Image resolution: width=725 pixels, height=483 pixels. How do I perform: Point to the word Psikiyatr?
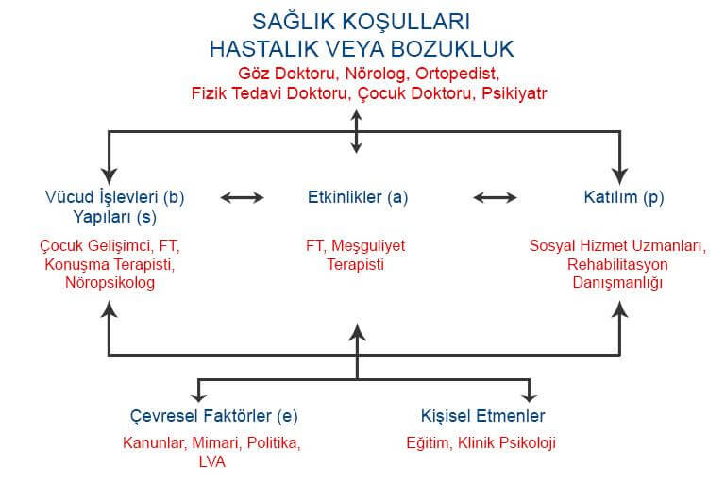point(514,93)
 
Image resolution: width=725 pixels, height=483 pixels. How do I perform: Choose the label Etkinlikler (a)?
point(358,197)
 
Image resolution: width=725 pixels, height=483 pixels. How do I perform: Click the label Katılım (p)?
point(624,197)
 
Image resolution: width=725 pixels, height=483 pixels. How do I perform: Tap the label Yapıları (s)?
point(114,217)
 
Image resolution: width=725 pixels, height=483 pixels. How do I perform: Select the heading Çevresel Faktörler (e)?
point(213,416)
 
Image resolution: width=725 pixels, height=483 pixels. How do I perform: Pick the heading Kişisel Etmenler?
point(482,416)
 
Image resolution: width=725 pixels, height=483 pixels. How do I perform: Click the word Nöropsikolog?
point(110,282)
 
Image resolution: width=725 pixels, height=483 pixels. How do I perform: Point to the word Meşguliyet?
point(368,245)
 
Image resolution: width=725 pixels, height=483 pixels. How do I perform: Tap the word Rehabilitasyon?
point(617,264)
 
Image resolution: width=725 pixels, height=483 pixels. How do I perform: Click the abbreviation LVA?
point(212,461)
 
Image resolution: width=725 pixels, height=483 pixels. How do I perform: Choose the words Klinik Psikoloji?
point(507,442)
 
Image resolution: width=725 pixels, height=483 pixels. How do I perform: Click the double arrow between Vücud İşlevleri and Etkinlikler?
point(242,198)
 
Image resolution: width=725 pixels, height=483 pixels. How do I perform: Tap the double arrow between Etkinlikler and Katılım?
point(495,198)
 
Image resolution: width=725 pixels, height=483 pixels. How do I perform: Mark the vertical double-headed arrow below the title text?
point(356,132)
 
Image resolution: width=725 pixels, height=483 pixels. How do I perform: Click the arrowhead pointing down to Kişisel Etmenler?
point(529,396)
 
